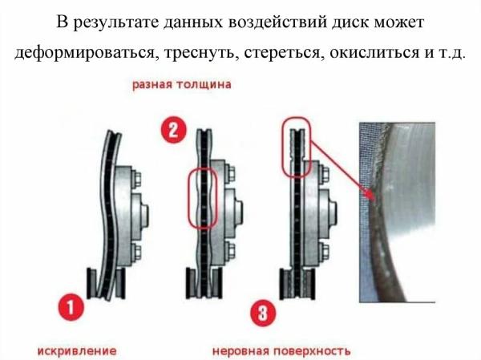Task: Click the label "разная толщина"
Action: [183, 84]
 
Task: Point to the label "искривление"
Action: [77, 350]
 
